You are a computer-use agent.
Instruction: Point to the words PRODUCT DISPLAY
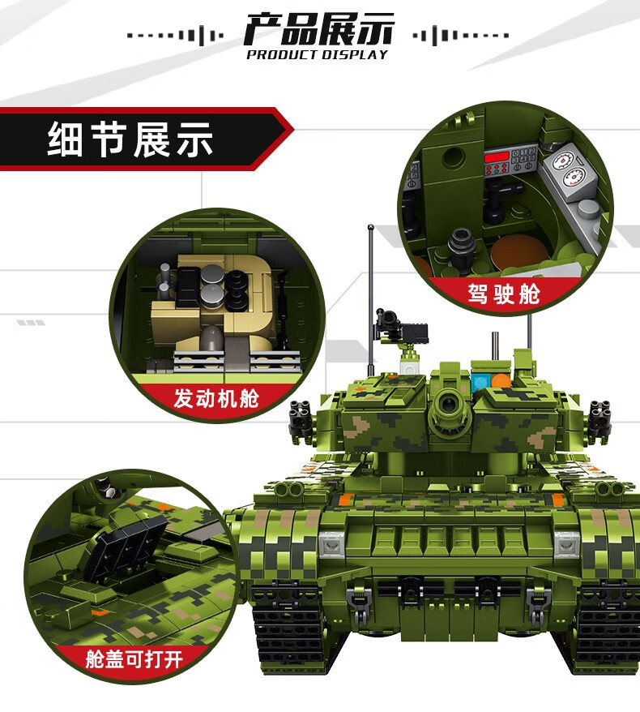pyautogui.click(x=318, y=55)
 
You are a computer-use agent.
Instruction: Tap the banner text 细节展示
pyautogui.click(x=130, y=140)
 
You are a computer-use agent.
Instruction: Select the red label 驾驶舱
pyautogui.click(x=503, y=293)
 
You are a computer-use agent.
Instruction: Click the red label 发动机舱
pyautogui.click(x=216, y=399)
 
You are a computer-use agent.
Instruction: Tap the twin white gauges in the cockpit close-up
pyautogui.click(x=566, y=169)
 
